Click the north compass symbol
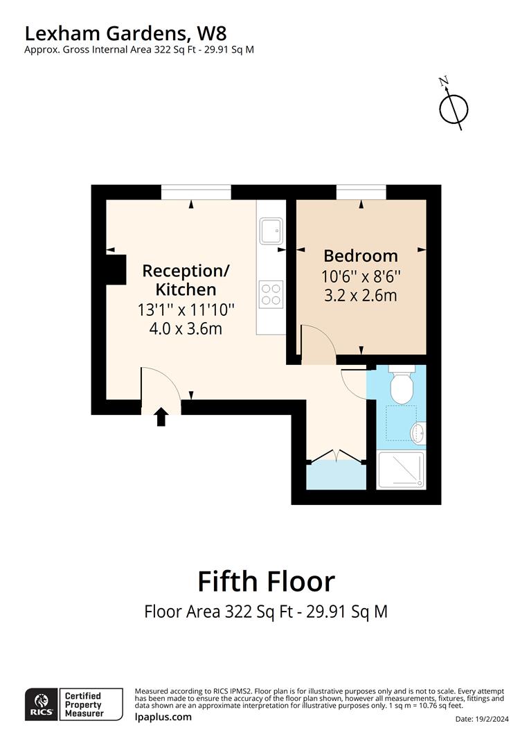(x=454, y=107)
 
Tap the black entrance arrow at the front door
(x=161, y=416)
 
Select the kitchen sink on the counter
(x=271, y=231)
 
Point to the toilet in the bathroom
(x=400, y=386)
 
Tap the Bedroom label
(x=361, y=256)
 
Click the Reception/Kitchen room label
(x=186, y=280)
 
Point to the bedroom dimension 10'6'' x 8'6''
(x=361, y=276)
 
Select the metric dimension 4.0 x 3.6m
(x=186, y=328)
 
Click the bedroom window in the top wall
(x=361, y=193)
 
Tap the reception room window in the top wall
(x=196, y=193)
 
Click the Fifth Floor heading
(x=266, y=581)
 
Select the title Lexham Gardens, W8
(x=125, y=33)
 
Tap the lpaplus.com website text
(x=163, y=717)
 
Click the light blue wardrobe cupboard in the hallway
(x=336, y=477)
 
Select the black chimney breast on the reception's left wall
(x=115, y=269)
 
